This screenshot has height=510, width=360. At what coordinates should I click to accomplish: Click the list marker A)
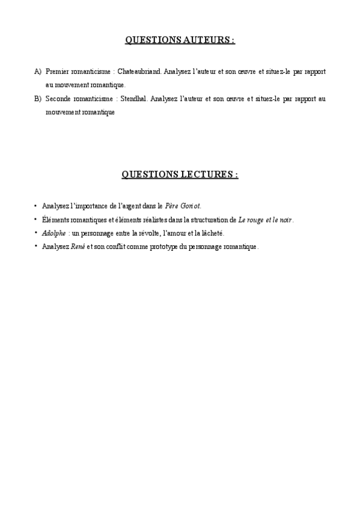(x=38, y=72)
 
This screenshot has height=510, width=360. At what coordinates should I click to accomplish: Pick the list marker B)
(x=38, y=99)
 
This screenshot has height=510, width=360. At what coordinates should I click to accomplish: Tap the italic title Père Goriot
(x=182, y=206)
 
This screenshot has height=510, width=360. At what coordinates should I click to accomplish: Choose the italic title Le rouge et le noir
(x=266, y=220)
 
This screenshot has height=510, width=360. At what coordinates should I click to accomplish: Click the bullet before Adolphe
(x=36, y=232)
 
